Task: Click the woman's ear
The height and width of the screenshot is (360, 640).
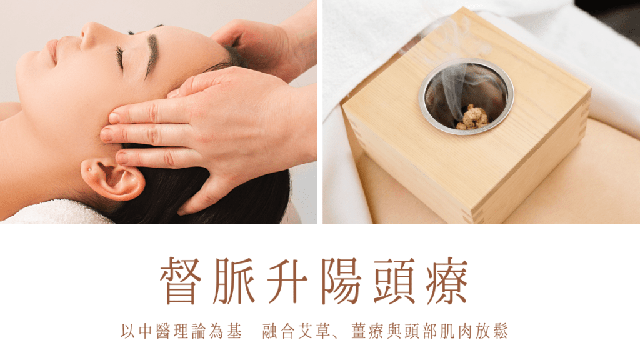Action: (x=112, y=179)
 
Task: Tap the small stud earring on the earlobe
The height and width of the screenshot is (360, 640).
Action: (x=89, y=169)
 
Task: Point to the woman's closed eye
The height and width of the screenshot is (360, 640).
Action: (x=120, y=57)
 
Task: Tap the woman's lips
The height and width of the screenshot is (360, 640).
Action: (x=54, y=51)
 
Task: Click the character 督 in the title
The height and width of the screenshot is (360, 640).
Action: (x=181, y=281)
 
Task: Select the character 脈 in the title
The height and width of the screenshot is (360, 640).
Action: (x=234, y=281)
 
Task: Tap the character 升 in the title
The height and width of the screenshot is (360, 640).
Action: (x=287, y=281)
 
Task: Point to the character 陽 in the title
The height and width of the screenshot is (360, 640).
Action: (x=341, y=281)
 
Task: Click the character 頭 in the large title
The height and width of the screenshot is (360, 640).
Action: (x=394, y=281)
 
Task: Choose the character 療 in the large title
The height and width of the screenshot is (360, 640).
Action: (x=447, y=281)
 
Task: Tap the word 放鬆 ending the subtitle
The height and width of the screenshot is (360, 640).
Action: (x=492, y=331)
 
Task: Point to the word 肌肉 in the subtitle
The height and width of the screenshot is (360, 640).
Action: (x=456, y=331)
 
